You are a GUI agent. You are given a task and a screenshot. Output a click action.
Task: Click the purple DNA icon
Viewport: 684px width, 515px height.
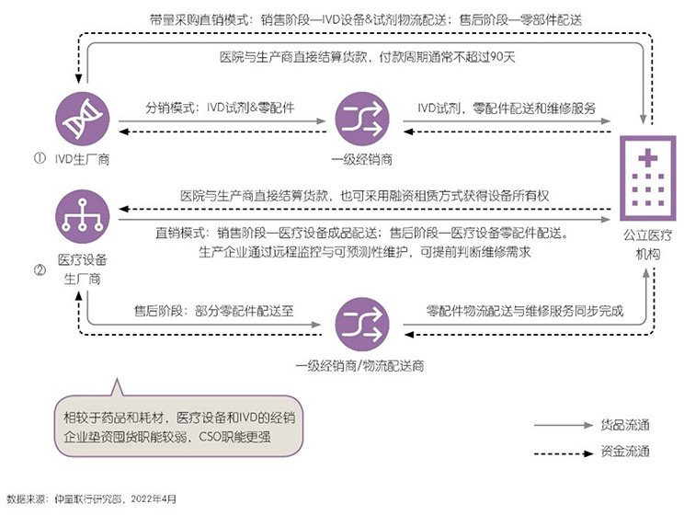tap(83, 119)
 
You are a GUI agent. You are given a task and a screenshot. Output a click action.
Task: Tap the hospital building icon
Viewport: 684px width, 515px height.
tap(648, 178)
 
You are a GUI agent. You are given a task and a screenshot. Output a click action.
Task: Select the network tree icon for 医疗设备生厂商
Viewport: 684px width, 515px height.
tap(83, 216)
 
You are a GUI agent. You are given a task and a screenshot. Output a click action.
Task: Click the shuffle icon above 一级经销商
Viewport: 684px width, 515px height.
tap(362, 119)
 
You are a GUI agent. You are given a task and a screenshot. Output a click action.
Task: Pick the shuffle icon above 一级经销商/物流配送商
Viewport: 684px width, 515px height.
tap(362, 325)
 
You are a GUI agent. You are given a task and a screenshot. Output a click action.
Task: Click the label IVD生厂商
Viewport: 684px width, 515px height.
tap(82, 159)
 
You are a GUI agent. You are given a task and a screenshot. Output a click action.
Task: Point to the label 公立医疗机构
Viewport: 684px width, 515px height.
tap(648, 245)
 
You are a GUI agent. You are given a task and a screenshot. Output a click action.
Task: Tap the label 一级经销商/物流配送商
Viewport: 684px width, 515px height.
tap(359, 366)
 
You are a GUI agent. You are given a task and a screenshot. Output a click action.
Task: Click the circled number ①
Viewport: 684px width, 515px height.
tap(40, 158)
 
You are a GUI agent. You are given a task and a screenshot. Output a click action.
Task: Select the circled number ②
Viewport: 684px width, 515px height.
tap(40, 270)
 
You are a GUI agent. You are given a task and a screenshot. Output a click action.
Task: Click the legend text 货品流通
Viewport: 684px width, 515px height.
tap(625, 425)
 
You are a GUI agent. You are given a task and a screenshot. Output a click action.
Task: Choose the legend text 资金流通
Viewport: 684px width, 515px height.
tap(625, 451)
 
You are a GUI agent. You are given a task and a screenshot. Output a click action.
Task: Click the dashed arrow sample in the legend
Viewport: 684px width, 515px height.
tap(564, 453)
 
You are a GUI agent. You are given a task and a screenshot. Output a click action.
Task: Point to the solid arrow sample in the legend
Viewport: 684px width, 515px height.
tap(564, 425)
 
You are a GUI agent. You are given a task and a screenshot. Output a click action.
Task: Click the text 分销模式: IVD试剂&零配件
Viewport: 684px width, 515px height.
tap(220, 108)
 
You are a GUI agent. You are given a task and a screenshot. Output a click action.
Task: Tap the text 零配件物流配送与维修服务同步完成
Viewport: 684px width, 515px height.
tap(525, 311)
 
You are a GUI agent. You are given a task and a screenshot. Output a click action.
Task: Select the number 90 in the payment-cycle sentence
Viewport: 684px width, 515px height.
tap(496, 57)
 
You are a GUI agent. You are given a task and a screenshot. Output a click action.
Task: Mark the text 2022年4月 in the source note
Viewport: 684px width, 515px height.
tap(154, 498)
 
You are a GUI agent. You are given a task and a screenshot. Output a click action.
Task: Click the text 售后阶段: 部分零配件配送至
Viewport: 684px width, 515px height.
tap(213, 311)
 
